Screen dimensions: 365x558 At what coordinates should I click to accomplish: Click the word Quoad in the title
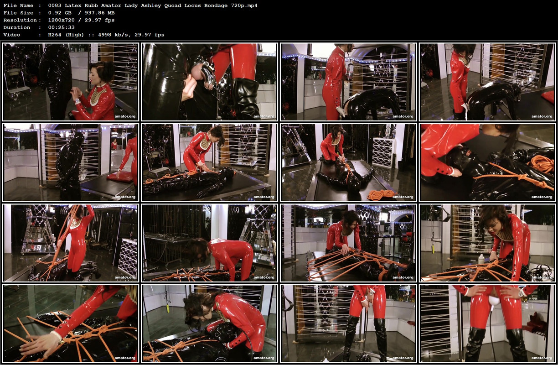pos(180,5)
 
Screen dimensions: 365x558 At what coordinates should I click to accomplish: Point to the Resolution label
pos(20,20)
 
